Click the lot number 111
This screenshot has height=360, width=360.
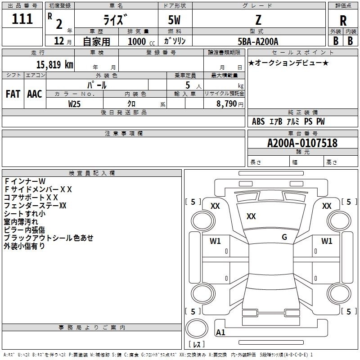point(22,19)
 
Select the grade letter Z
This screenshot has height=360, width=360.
point(258,20)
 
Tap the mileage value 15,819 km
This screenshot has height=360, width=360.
point(54,64)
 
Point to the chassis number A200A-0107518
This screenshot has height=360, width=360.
point(302,143)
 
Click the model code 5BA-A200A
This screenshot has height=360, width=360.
point(258,41)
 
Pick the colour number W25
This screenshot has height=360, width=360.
point(74,104)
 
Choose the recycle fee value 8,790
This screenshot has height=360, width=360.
point(226,104)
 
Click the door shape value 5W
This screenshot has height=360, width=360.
point(174,20)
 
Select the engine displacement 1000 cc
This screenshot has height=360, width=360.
point(141,41)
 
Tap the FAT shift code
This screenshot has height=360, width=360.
point(13,94)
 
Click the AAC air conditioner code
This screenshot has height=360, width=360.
point(35,94)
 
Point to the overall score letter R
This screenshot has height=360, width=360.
point(343,21)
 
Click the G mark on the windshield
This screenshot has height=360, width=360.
point(284,237)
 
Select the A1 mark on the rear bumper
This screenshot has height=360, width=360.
point(220,332)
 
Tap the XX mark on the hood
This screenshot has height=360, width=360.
point(251,216)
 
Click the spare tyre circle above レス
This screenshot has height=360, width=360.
point(197,328)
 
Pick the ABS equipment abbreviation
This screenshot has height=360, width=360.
point(258,121)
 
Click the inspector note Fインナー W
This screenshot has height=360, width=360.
point(25,181)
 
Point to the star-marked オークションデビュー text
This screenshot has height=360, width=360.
point(288,63)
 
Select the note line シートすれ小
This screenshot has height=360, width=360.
point(25,213)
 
